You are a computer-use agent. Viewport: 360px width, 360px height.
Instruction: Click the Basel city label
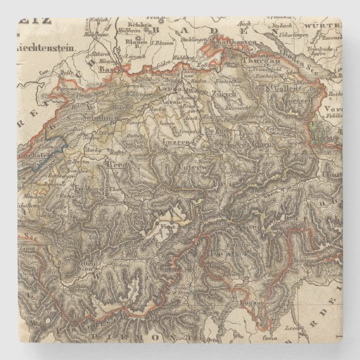pyautogui.click(x=106, y=69)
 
